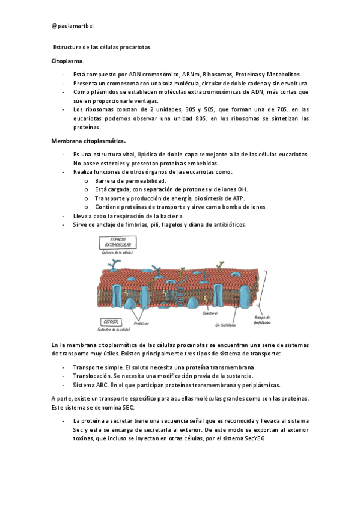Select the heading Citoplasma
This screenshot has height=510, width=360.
click(x=67, y=61)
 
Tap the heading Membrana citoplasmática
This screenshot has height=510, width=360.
click(x=88, y=141)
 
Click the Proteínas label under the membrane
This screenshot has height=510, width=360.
click(x=142, y=323)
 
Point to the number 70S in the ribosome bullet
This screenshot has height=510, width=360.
click(x=276, y=109)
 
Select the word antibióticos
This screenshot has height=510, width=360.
click(x=226, y=225)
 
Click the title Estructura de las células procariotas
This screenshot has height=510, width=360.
click(x=102, y=47)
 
